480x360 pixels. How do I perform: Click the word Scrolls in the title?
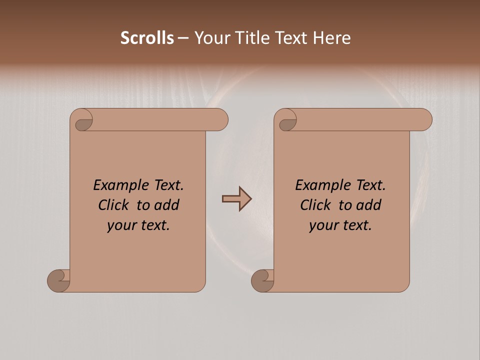pyautogui.click(x=147, y=38)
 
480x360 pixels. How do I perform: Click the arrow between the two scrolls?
pyautogui.click(x=237, y=199)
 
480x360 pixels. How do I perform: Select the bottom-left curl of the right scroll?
pyautogui.click(x=262, y=280)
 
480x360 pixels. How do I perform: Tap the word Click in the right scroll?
pyautogui.click(x=315, y=205)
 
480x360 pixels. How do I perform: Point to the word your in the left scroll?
pyautogui.click(x=121, y=225)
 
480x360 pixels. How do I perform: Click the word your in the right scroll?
pyautogui.click(x=323, y=225)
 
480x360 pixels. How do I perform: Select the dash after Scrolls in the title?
pyautogui.click(x=183, y=38)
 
